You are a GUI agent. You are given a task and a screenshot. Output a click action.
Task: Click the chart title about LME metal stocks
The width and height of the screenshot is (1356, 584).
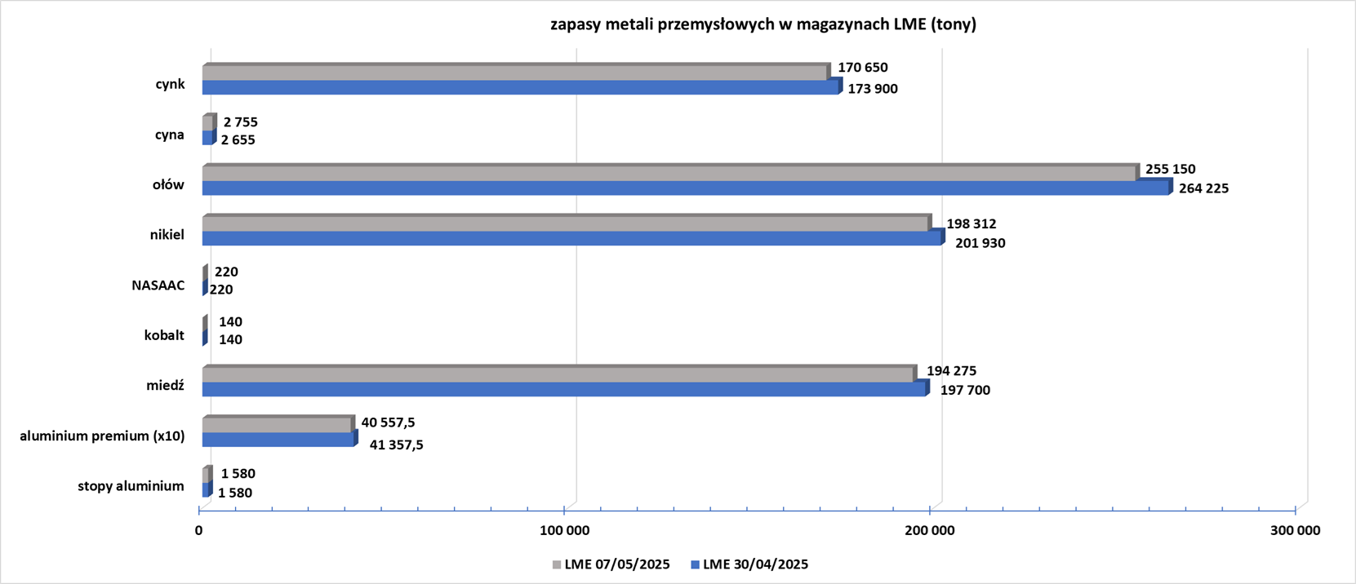(x=762, y=24)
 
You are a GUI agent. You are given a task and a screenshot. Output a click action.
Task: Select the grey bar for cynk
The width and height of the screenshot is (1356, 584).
(x=517, y=71)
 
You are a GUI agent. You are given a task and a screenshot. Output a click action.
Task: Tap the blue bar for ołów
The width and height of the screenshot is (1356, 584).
(x=687, y=187)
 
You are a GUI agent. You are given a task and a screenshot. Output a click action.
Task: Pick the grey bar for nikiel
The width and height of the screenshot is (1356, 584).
(x=567, y=223)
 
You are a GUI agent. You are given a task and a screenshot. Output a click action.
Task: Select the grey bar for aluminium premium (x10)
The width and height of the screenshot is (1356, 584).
(x=278, y=424)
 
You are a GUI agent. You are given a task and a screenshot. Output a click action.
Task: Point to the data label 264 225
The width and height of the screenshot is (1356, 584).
(x=1203, y=188)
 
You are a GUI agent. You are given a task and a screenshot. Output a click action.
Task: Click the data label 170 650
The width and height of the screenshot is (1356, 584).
(x=863, y=67)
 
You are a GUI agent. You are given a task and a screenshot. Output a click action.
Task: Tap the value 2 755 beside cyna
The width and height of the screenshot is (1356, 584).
(x=240, y=122)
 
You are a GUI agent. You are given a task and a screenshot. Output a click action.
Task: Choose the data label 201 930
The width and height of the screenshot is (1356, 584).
(x=980, y=243)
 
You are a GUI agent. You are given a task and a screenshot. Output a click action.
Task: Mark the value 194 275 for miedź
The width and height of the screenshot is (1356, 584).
(x=952, y=370)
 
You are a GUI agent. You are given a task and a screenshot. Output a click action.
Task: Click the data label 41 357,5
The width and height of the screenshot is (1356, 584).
(x=397, y=445)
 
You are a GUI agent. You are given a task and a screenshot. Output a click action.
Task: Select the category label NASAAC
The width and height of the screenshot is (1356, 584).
(x=158, y=285)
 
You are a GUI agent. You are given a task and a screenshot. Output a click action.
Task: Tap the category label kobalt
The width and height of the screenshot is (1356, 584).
(x=164, y=335)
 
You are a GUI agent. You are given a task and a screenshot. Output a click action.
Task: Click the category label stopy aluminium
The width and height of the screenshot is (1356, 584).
(x=131, y=486)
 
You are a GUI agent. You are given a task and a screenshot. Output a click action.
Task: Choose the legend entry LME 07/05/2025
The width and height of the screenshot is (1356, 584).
(x=611, y=564)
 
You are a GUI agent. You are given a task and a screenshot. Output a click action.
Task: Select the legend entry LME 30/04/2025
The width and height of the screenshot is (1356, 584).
(x=749, y=564)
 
